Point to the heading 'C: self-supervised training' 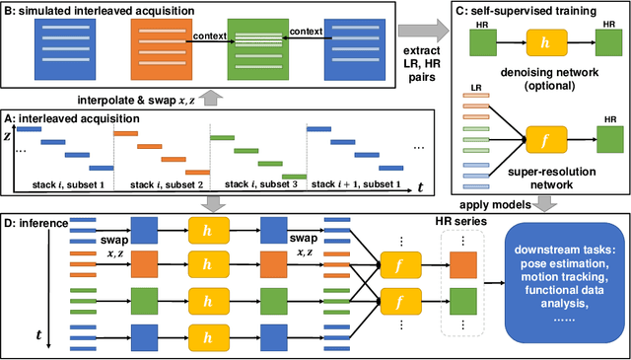pos(514,11)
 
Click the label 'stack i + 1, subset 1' pos(357,184)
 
